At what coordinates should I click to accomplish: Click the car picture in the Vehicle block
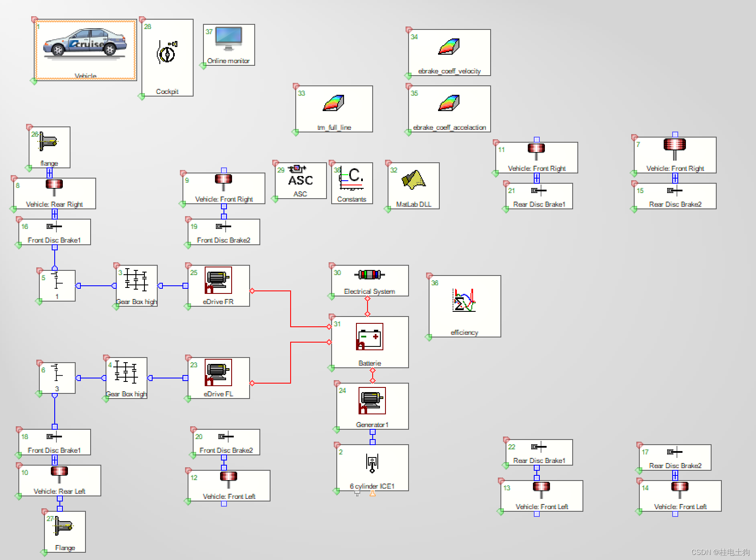click(x=85, y=43)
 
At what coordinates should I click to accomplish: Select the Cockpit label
click(x=167, y=91)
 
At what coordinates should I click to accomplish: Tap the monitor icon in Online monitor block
click(x=229, y=38)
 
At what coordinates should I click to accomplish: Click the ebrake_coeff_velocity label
click(x=449, y=71)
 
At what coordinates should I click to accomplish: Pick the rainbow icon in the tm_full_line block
click(x=333, y=103)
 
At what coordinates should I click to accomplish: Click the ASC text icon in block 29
click(x=300, y=180)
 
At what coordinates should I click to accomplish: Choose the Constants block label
click(x=351, y=199)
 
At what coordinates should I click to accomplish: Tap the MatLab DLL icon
click(x=413, y=180)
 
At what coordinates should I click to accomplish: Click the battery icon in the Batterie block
click(x=369, y=337)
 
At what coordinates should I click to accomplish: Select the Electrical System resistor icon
click(x=369, y=275)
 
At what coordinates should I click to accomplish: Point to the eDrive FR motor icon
click(x=218, y=280)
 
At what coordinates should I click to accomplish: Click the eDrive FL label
click(x=218, y=394)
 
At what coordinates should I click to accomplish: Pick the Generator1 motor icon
click(x=372, y=401)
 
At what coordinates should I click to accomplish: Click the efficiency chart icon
click(x=464, y=300)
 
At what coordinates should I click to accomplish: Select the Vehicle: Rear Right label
click(x=54, y=204)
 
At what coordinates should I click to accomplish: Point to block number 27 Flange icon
click(x=63, y=526)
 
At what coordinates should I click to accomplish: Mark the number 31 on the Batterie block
click(x=337, y=324)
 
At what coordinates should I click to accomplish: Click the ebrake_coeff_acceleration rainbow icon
click(x=449, y=103)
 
